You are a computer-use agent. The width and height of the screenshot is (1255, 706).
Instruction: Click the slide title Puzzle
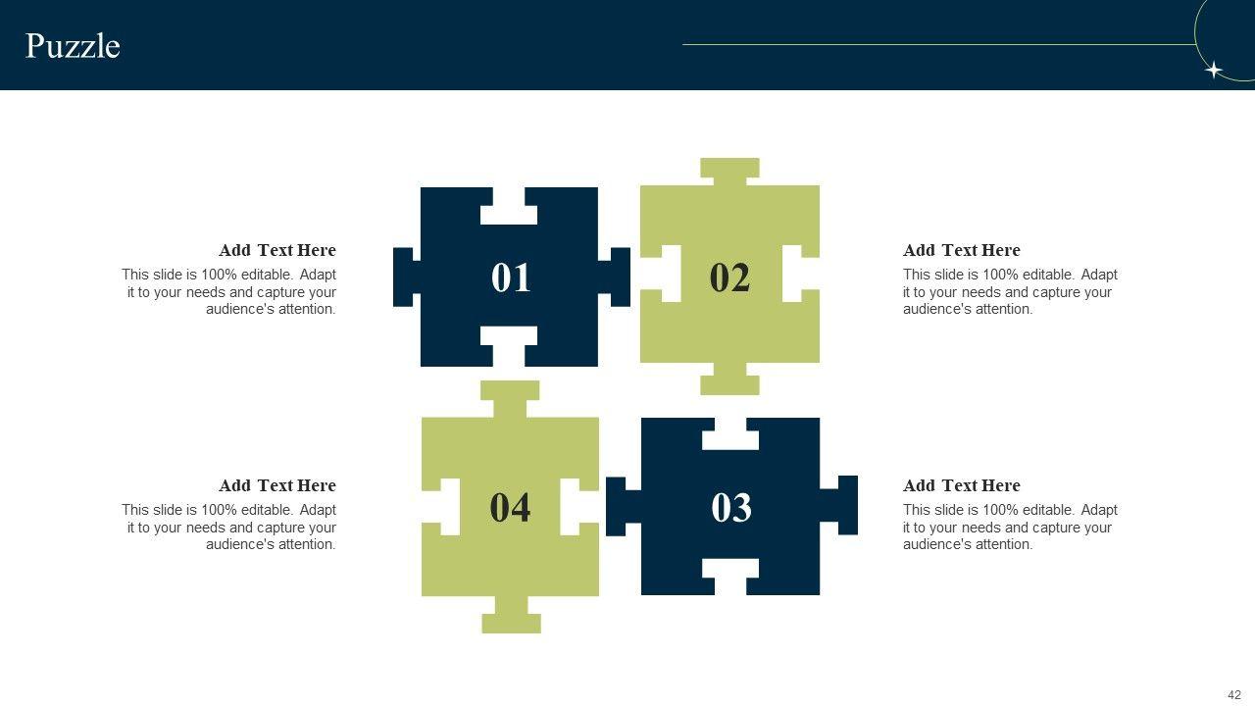pos(73,46)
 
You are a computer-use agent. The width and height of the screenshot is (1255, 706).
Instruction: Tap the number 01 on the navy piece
pos(511,277)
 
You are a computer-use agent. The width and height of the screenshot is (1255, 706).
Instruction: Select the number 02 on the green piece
pos(729,277)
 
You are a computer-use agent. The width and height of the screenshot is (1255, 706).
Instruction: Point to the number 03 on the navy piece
pos(731,508)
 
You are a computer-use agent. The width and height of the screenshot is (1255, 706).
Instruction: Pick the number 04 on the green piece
pos(510,508)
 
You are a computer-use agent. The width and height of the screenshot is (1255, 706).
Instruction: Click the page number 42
pos(1234,695)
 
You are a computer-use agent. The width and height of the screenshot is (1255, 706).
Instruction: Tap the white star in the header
pos(1214,70)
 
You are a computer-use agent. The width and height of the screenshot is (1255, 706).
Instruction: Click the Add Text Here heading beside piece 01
pos(277,250)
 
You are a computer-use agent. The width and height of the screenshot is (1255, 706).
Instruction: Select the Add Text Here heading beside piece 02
pos(962,250)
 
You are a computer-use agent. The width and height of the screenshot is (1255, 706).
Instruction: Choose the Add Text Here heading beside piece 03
pos(962,485)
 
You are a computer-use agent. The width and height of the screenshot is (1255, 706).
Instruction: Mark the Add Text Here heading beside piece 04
pos(277,485)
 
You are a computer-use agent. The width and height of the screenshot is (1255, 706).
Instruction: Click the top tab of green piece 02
pos(729,172)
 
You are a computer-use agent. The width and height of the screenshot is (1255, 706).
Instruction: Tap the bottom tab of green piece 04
pos(512,615)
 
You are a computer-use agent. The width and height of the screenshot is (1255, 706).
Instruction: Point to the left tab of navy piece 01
pos(407,277)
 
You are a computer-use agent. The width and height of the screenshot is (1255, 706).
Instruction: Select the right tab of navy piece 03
pos(838,505)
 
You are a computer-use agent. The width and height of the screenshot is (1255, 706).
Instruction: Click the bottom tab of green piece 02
pos(730,378)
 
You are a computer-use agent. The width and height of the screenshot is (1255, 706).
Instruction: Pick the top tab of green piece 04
pos(510,399)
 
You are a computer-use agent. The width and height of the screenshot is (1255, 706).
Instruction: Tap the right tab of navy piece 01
pos(614,277)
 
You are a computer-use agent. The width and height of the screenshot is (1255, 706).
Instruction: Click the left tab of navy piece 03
pos(624,507)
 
